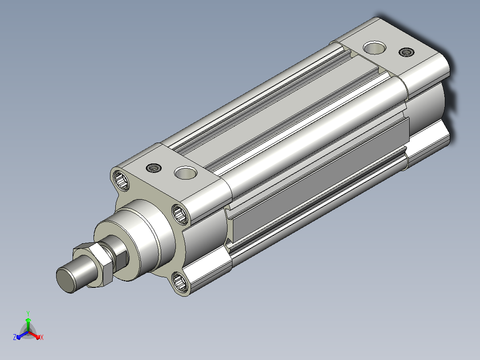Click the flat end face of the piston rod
coord(65,280)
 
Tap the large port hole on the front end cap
coord(186,173)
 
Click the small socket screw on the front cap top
coord(154,168)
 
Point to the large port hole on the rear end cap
coord(374,48)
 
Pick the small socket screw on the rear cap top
coord(407,52)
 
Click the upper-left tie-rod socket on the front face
coord(121,180)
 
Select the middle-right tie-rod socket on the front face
coord(180,214)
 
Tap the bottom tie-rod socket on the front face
coord(180,282)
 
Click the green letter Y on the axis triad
coord(28,313)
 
